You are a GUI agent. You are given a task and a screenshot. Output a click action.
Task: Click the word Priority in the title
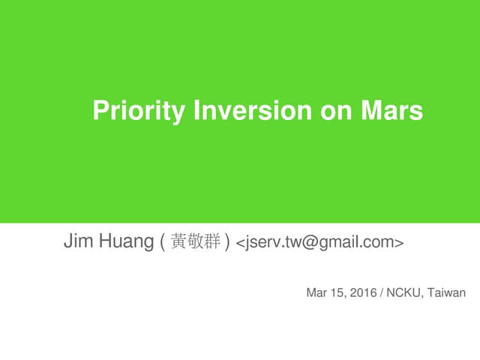tap(139, 112)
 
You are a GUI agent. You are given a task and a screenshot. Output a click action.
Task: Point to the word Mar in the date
tap(316, 292)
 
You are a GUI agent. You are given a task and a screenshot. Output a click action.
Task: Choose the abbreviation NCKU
tap(405, 292)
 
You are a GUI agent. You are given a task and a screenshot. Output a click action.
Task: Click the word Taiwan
tap(446, 292)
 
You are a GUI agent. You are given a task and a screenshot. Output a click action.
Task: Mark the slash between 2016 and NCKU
tap(382, 292)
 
